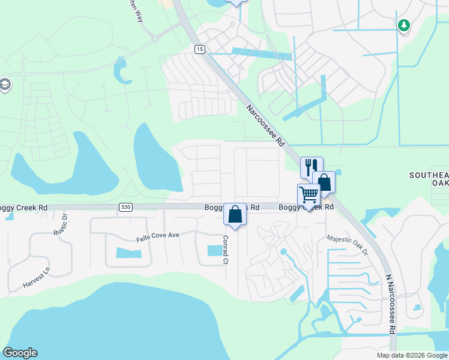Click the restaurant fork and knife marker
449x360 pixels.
click(312, 166)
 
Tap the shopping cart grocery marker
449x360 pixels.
click(309, 194)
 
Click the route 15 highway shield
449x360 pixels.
click(199, 49)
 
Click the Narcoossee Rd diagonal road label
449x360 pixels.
click(265, 126)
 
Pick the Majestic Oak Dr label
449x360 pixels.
click(347, 245)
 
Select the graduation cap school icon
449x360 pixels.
click(5, 85)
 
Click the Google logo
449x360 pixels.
click(20, 353)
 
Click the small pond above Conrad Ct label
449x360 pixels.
click(214, 250)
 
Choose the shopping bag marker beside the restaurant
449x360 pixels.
click(324, 181)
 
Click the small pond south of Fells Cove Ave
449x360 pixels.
click(132, 253)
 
